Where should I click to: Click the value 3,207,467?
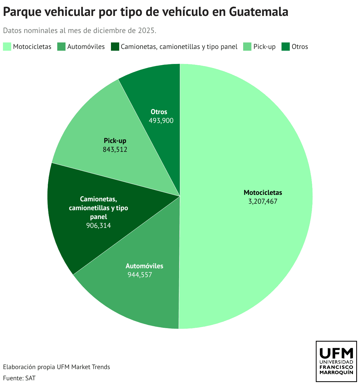pos(263,202)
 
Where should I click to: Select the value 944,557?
pos(140,275)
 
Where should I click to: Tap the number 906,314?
pos(99,226)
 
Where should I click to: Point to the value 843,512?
pos(115,149)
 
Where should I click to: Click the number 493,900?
pos(161,121)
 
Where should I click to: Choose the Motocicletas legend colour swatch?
pos(7,47)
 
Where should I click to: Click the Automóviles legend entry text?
pos(86,47)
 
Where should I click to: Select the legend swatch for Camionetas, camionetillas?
pos(115,47)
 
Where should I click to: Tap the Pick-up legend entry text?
pos(264,47)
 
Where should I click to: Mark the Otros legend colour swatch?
pos(285,47)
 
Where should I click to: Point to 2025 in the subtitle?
pos(148,31)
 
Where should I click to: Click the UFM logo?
pos(336,361)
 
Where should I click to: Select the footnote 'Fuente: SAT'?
pos(19,378)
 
